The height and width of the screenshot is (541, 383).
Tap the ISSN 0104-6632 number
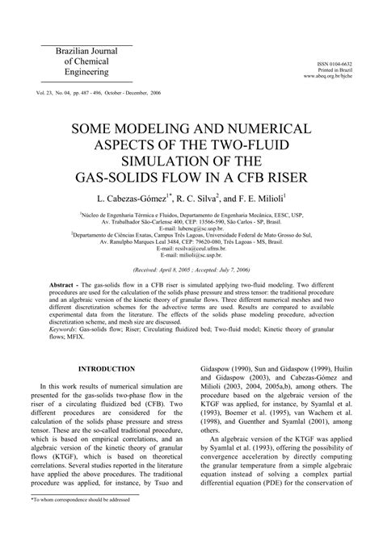tap(337, 62)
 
